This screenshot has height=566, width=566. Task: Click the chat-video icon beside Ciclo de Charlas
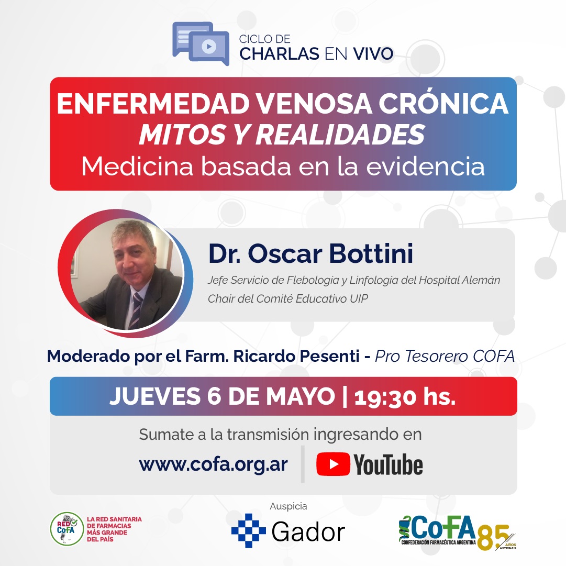point(201,43)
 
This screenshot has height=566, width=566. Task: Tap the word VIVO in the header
point(373,54)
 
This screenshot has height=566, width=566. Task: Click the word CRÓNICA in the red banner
point(443,104)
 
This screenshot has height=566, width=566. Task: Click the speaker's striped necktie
point(136,310)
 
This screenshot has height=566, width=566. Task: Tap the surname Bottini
point(371,253)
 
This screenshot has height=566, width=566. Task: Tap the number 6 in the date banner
point(214,396)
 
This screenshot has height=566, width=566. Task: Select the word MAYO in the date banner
point(301,396)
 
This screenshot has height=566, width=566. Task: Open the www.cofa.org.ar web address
point(213,464)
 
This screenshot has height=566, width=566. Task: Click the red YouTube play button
point(333,464)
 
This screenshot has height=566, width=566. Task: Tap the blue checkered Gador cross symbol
point(248,530)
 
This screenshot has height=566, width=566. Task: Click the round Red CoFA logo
point(67,529)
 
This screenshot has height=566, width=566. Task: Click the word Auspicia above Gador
point(288,506)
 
